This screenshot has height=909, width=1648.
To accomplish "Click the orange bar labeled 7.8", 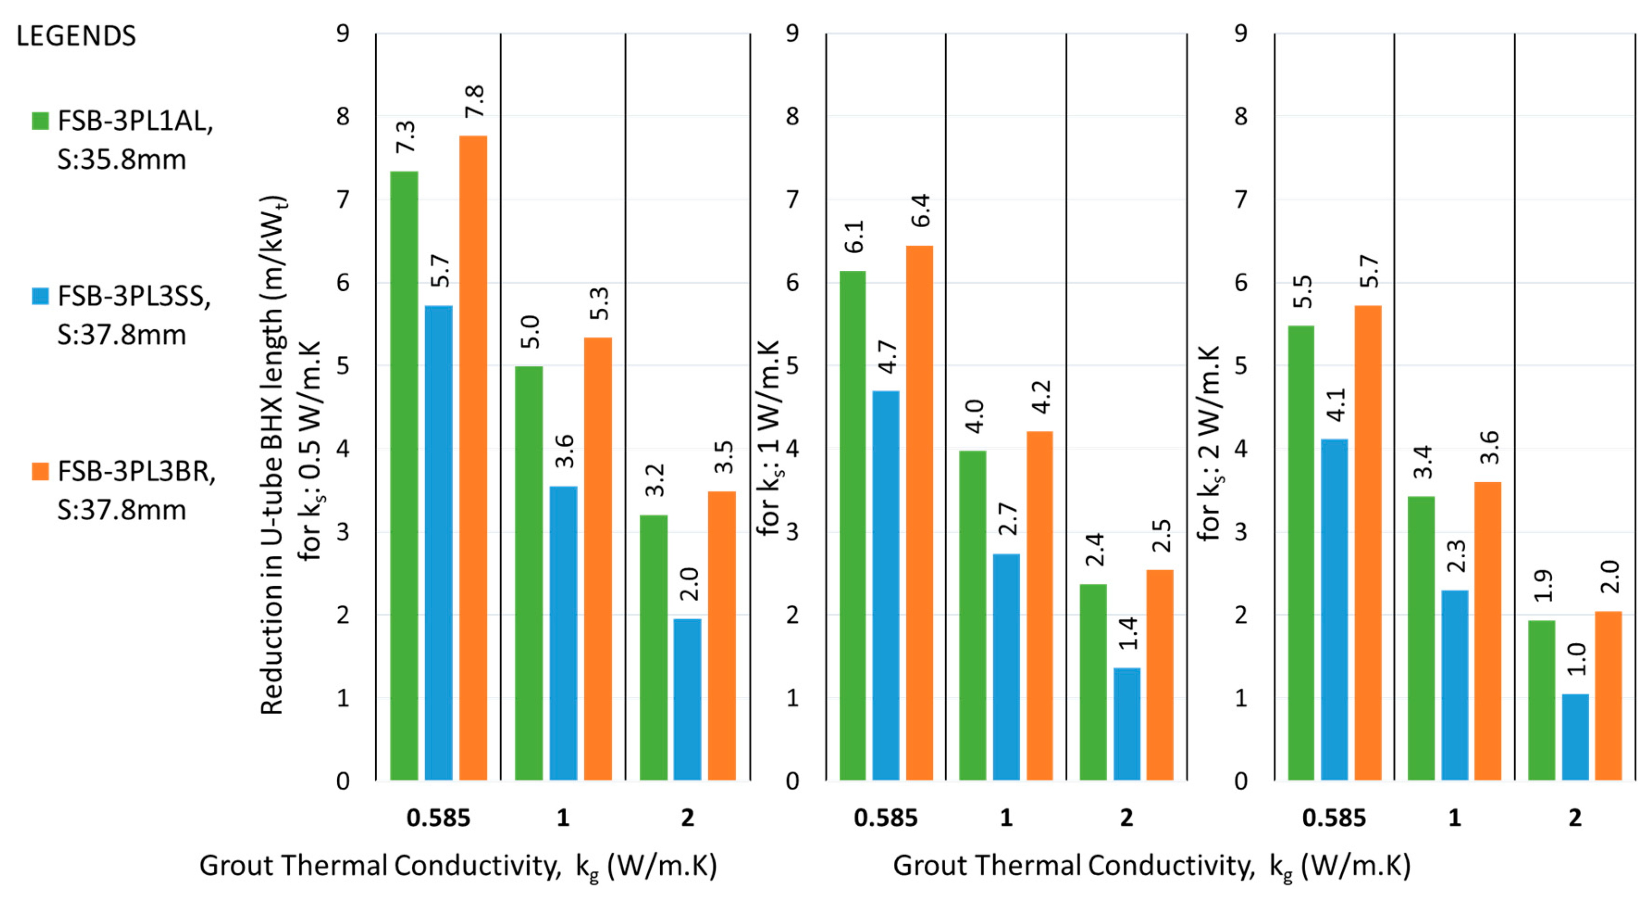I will pyautogui.click(x=473, y=458).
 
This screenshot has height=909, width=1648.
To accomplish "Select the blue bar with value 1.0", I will pyautogui.click(x=1575, y=737).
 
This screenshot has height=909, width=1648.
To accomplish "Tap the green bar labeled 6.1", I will pyautogui.click(x=852, y=525).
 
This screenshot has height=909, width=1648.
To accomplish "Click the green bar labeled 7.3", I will pyautogui.click(x=404, y=476).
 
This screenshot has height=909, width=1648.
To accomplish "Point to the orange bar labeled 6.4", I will pyautogui.click(x=919, y=512).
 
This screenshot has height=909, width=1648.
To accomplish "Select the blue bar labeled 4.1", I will pyautogui.click(x=1334, y=610).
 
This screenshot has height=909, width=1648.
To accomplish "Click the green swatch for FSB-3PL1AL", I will pyautogui.click(x=40, y=121).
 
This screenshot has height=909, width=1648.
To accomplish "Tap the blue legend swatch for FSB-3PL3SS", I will pyautogui.click(x=40, y=296).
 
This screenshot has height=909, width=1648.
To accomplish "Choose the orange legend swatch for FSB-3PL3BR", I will pyautogui.click(x=40, y=471).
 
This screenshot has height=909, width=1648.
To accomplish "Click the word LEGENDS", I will pyautogui.click(x=75, y=36).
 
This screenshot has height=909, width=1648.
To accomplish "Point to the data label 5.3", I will pyautogui.click(x=598, y=304).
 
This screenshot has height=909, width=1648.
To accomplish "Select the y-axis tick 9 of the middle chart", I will pyautogui.click(x=792, y=33).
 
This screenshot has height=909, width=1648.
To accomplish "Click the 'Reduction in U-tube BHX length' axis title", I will pyautogui.click(x=272, y=454).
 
